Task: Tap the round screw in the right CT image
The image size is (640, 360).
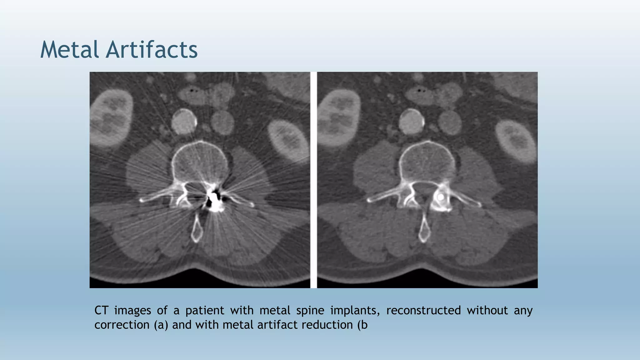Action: (440, 197)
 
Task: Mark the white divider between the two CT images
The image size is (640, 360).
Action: (313, 180)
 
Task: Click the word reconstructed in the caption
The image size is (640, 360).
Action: (423, 310)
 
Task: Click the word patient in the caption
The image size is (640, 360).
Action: (205, 310)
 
